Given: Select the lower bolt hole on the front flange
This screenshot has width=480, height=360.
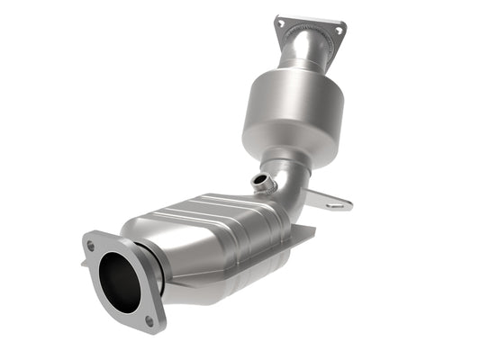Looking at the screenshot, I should pos(149,319).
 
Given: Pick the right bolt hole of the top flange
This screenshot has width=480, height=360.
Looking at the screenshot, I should pos(339,30).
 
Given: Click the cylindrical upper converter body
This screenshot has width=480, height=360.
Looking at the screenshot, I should pos(293,112).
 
